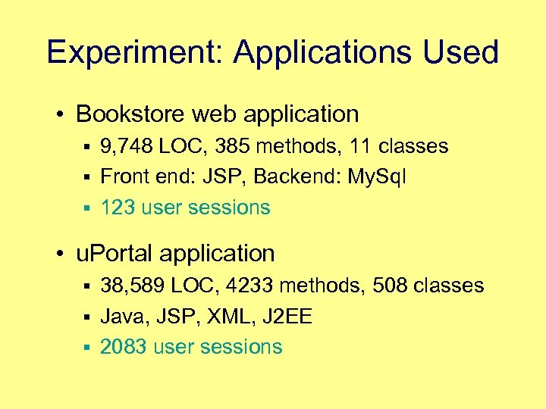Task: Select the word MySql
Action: pos(376,177)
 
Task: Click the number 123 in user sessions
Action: pos(118,208)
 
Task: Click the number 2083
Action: pos(124,347)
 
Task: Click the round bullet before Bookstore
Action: pos(62,115)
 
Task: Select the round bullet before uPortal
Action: pos(62,254)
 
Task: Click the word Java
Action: pos(123,317)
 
